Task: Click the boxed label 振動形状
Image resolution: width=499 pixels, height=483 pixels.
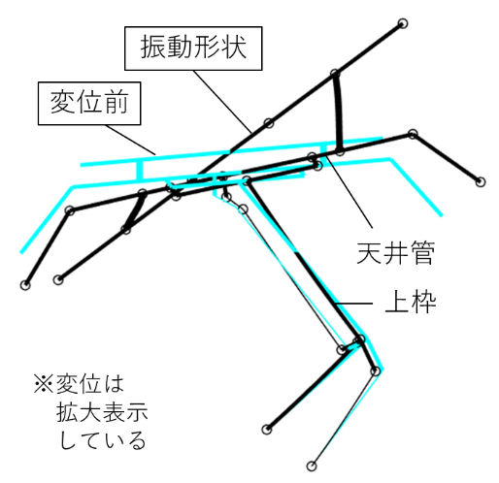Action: tap(193, 48)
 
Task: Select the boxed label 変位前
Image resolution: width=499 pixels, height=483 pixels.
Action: tap(89, 103)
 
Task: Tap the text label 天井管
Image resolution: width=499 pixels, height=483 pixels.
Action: tap(395, 252)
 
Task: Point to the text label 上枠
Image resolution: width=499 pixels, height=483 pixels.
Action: tap(411, 302)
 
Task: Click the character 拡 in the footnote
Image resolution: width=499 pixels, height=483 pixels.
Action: tap(68, 412)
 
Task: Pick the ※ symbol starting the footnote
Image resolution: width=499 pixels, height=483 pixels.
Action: tap(44, 384)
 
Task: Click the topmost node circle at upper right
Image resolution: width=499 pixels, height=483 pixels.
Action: tap(402, 23)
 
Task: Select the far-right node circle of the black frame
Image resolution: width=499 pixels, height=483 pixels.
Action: tap(481, 181)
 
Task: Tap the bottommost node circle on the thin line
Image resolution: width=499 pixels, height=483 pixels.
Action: tap(312, 466)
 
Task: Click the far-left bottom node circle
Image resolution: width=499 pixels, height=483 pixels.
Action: tap(25, 285)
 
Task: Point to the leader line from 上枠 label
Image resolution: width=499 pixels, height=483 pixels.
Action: tap(353, 304)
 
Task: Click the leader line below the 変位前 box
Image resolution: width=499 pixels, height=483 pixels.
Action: tap(131, 140)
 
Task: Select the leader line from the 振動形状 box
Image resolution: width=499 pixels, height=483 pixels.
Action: tap(222, 102)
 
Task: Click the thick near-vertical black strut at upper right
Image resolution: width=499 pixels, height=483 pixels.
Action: tap(337, 113)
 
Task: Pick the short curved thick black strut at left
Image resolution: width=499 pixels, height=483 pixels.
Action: tap(134, 211)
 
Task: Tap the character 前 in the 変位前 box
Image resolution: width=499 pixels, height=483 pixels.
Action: tap(116, 103)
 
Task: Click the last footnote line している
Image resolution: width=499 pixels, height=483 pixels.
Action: tap(102, 440)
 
